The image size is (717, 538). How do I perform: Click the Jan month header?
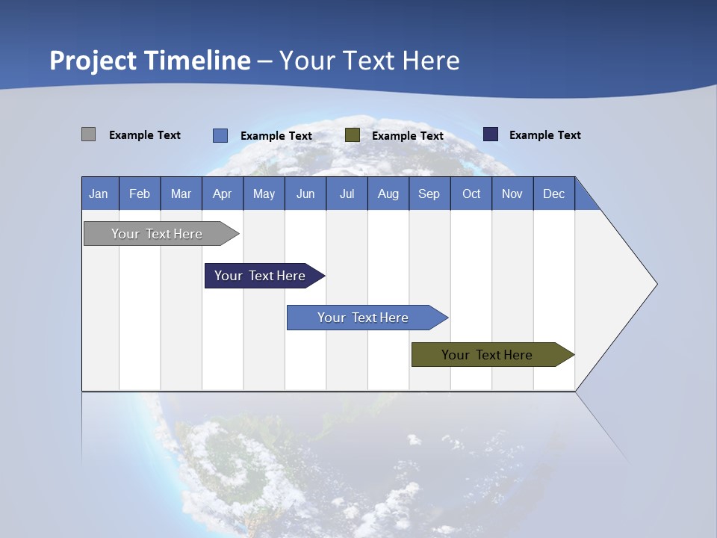pyautogui.click(x=99, y=194)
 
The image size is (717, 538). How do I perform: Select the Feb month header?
pyautogui.click(x=140, y=194)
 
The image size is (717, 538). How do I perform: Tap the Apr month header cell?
pyautogui.click(x=223, y=194)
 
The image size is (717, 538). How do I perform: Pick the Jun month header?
pyautogui.click(x=305, y=194)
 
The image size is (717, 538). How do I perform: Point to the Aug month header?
pyautogui.click(x=388, y=194)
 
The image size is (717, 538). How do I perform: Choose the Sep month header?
pyautogui.click(x=429, y=194)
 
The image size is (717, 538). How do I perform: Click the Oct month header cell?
pyautogui.click(x=471, y=194)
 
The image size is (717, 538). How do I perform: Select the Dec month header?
pyautogui.click(x=554, y=194)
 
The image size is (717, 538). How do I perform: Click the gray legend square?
pyautogui.click(x=88, y=134)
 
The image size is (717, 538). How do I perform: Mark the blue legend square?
pyautogui.click(x=220, y=135)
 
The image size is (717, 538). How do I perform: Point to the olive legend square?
pyautogui.click(x=353, y=135)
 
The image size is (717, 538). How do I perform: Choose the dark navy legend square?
pyautogui.click(x=490, y=134)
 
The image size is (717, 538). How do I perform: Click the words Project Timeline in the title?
pyautogui.click(x=149, y=61)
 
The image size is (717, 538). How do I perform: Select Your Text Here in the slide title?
pyautogui.click(x=370, y=61)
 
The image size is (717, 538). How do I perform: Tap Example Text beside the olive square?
pyautogui.click(x=407, y=136)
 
